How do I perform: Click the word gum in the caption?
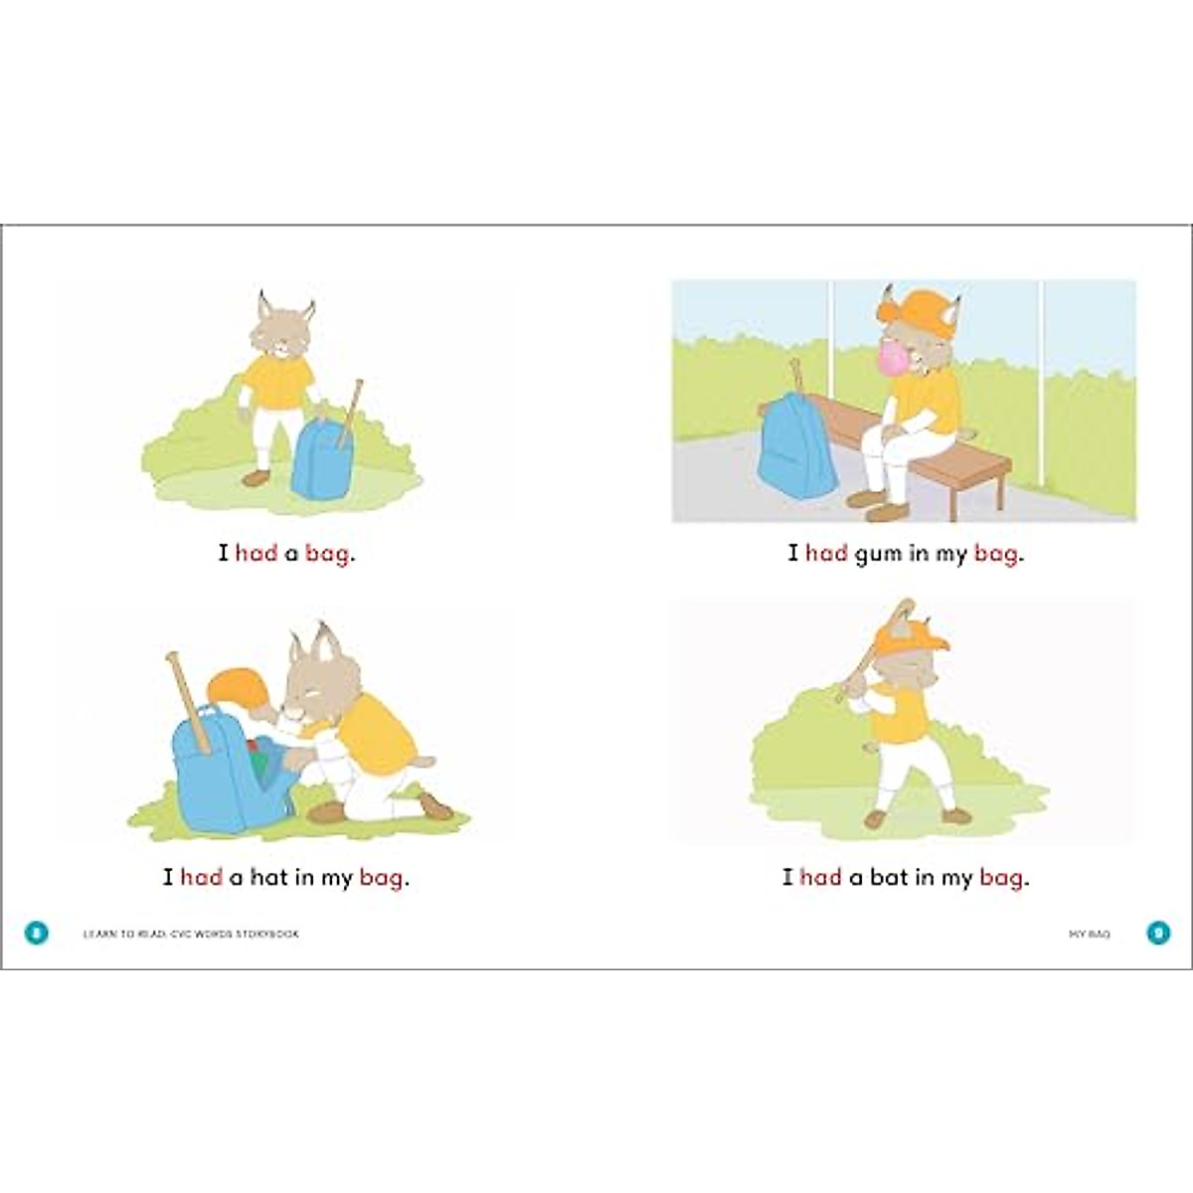click(x=878, y=554)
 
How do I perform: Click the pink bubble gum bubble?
click(x=889, y=356)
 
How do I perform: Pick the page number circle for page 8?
click(x=36, y=934)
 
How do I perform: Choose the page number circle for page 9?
click(x=1158, y=934)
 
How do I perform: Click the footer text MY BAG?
click(x=1089, y=935)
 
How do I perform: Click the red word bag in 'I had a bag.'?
click(x=327, y=554)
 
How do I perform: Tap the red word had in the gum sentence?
click(x=826, y=554)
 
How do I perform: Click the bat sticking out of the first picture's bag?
click(x=349, y=408)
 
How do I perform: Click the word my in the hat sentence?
click(x=337, y=879)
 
